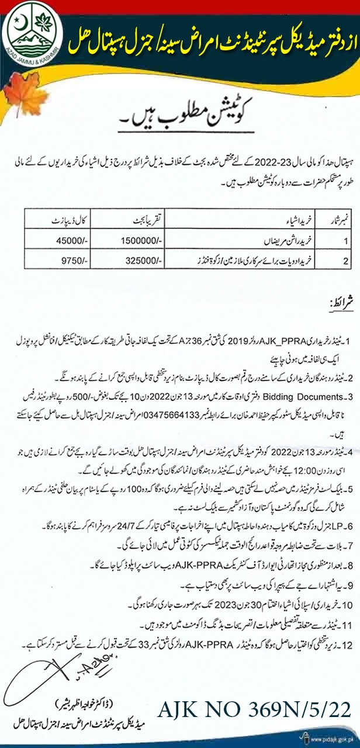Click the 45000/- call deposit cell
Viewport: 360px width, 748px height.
pyautogui.click(x=64, y=240)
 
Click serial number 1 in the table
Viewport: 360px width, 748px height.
pyautogui.click(x=330, y=240)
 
